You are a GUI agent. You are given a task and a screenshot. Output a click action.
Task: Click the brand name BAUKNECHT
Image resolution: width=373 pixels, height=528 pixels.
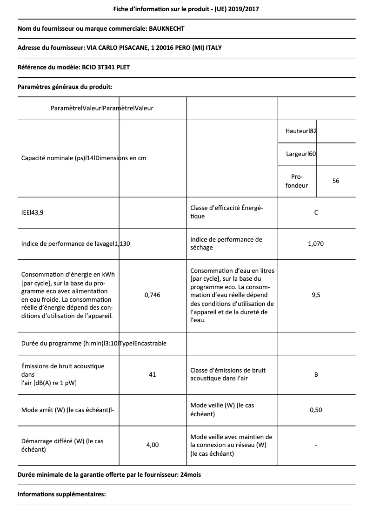(x=167, y=29)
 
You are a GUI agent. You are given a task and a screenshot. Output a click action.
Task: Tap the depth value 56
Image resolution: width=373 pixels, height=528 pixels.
(x=336, y=181)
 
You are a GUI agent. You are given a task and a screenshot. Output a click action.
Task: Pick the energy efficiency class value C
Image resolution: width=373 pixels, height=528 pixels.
(x=316, y=213)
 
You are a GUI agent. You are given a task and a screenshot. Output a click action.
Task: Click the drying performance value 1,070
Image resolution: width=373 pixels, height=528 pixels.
(x=316, y=244)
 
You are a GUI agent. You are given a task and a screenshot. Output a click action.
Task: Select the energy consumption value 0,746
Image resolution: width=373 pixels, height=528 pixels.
(x=153, y=295)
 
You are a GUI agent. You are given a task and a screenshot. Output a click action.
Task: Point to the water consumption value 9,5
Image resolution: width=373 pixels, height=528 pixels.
(x=316, y=295)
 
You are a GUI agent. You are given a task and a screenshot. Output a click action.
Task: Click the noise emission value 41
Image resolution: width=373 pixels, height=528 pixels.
(x=153, y=374)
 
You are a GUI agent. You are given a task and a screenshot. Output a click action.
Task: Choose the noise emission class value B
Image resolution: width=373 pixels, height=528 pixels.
(x=316, y=374)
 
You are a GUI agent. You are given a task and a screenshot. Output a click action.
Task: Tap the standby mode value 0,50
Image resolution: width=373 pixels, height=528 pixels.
(x=316, y=410)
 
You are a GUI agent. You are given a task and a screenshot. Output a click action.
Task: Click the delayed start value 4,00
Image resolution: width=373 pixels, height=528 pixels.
(x=153, y=445)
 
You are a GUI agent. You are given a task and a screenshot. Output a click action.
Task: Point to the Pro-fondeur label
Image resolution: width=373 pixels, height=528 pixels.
(x=297, y=181)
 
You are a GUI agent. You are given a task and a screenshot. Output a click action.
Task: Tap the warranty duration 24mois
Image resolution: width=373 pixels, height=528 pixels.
(x=191, y=475)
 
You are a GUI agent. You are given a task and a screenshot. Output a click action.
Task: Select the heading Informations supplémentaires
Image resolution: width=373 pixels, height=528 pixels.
(x=62, y=494)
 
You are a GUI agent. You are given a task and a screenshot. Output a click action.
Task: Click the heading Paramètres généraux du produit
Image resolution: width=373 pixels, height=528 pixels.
(x=65, y=87)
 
